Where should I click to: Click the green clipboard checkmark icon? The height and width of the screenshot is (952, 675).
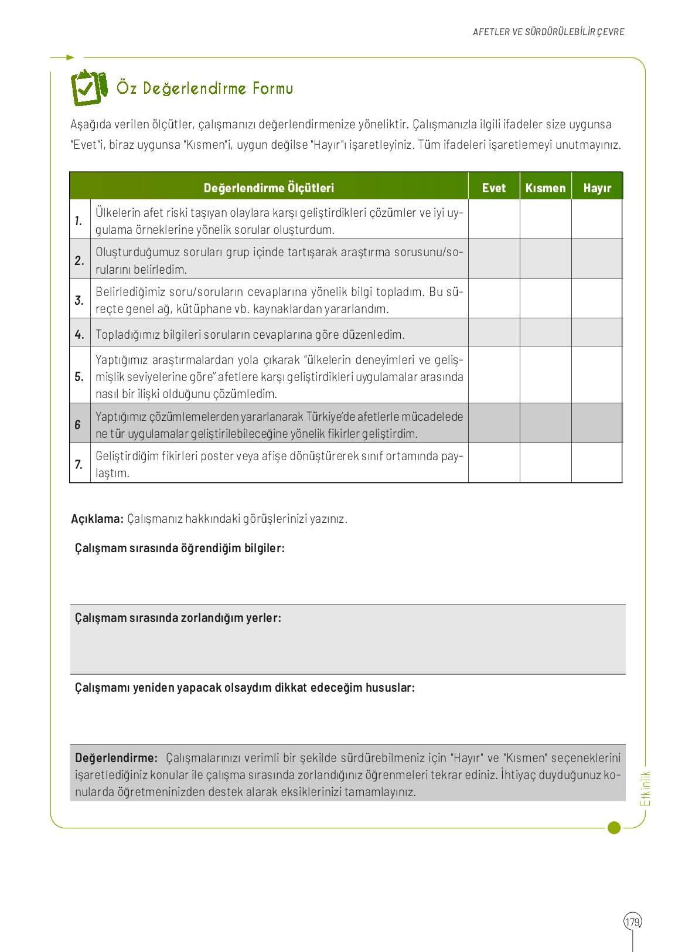coord(88,87)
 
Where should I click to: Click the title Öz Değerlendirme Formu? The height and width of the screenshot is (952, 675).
coord(204,89)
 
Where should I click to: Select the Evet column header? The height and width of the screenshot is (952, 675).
coord(493,188)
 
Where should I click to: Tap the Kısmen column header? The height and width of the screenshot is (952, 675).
coord(545,188)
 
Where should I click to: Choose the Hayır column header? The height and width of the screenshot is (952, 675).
coord(596,188)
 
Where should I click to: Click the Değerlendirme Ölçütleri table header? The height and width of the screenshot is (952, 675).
coord(268,188)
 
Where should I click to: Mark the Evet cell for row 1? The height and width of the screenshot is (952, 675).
coord(493,219)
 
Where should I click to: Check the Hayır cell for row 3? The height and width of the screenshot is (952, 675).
coord(596,298)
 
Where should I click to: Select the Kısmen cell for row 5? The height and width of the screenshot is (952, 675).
coord(545,375)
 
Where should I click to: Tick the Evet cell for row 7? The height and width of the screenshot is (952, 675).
coord(493,463)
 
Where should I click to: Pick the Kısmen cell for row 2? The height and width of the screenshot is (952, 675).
coord(545,259)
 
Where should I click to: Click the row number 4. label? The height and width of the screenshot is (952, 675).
coord(79,335)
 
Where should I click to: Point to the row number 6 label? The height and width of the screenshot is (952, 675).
coord(77,424)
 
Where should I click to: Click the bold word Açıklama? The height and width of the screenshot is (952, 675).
coord(97,519)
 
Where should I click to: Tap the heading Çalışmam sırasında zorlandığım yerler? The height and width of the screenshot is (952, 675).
coord(178,618)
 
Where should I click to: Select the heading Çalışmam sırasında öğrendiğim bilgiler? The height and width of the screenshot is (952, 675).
coord(179,548)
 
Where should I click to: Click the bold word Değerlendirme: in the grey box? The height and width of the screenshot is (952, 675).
coord(116,757)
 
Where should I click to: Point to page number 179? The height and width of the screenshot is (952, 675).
coord(632,922)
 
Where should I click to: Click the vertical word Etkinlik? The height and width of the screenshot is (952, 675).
coord(645,788)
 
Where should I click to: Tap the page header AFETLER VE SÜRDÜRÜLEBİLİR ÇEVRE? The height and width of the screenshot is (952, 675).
coord(548,32)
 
